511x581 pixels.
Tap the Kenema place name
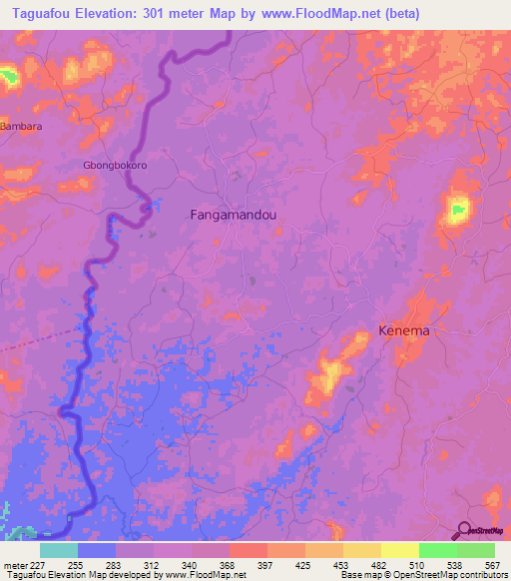click(x=404, y=330)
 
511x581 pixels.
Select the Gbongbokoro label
click(x=115, y=166)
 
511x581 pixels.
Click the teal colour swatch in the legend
click(x=59, y=550)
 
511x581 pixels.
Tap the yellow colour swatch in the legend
click(x=400, y=550)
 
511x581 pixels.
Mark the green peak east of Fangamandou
click(x=458, y=209)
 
